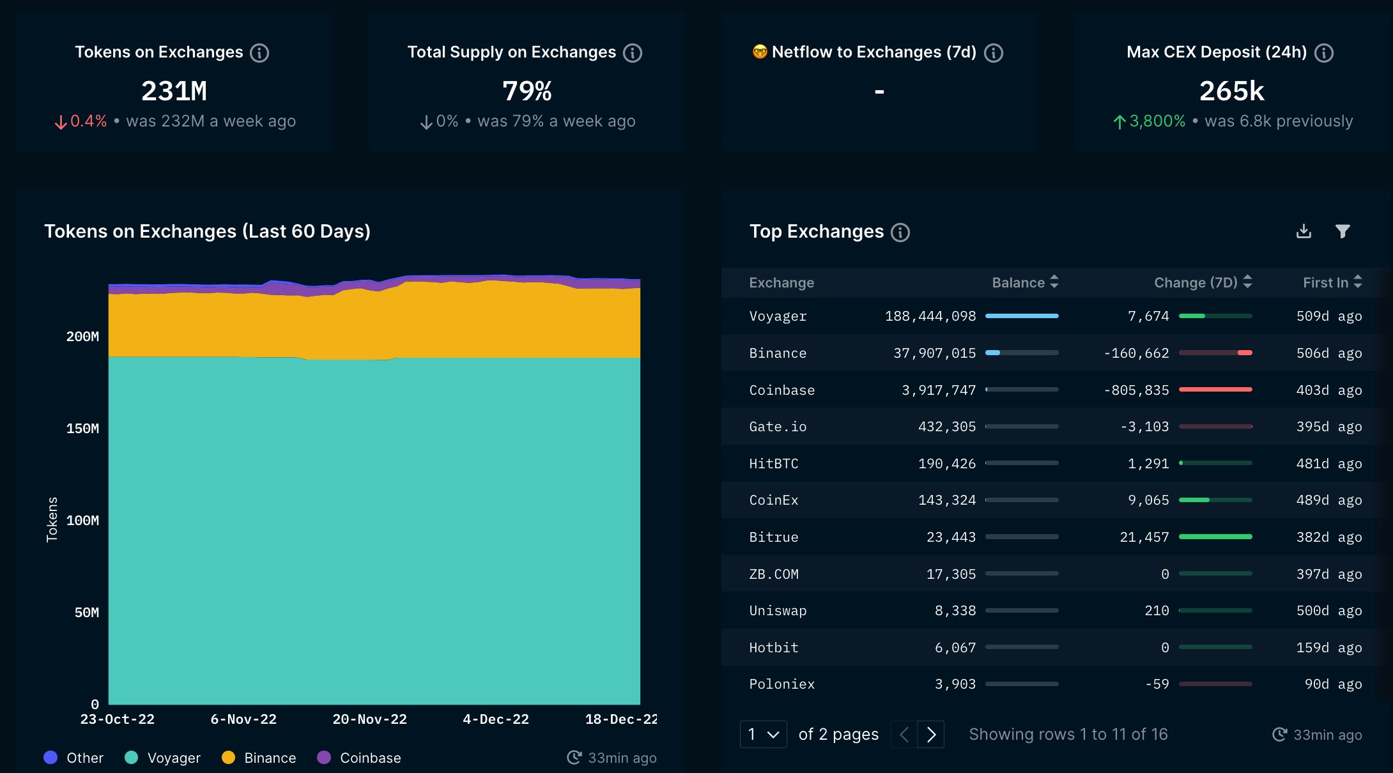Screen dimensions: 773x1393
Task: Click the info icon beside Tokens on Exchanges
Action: pos(259,52)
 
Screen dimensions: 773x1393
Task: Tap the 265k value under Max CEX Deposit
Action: pos(1231,91)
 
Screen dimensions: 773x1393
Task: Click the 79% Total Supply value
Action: pos(527,91)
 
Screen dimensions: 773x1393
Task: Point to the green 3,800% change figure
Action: pos(1157,121)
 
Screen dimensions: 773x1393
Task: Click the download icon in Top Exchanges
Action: pos(1304,231)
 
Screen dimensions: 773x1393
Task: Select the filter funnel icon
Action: pos(1343,231)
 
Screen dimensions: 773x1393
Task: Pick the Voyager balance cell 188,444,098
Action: pos(930,316)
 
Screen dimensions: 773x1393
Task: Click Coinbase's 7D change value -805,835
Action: pos(1136,390)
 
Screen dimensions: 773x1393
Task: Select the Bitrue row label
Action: pos(773,537)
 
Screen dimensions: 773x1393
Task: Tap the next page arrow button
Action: pos(931,735)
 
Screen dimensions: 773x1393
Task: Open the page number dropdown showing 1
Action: pos(763,735)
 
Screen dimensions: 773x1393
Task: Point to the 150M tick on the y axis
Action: pos(82,429)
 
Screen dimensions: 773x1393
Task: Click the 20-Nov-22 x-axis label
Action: pos(369,719)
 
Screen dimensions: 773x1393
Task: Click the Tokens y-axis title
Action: pos(52,519)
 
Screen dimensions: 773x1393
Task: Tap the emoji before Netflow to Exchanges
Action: pos(759,52)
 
